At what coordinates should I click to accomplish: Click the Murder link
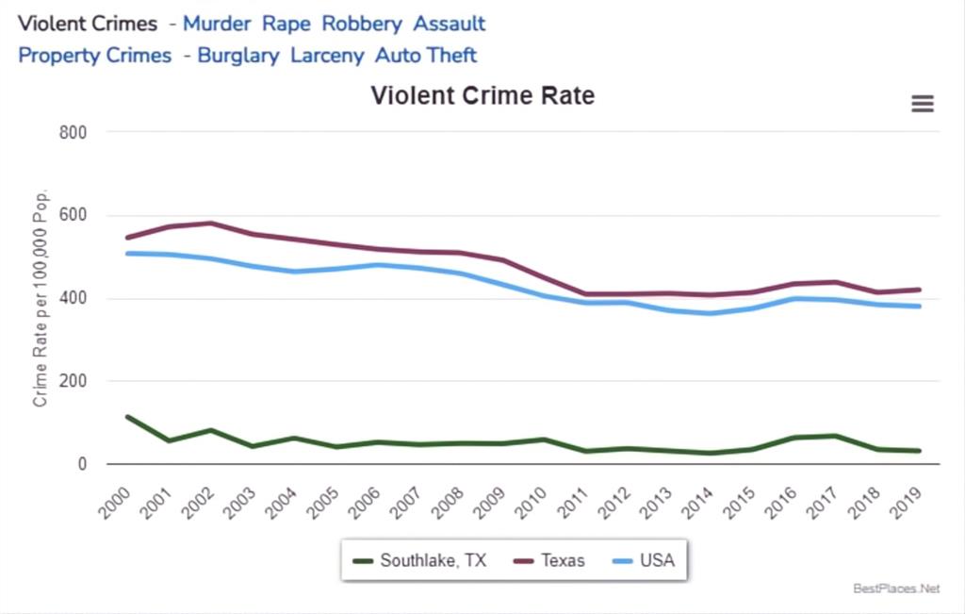[217, 24]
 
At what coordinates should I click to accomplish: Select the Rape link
[286, 24]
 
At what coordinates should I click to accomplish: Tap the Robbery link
[362, 24]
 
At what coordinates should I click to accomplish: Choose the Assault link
[450, 24]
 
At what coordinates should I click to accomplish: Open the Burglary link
[238, 56]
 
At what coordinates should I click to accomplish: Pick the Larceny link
[327, 56]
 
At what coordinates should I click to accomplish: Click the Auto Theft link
[426, 56]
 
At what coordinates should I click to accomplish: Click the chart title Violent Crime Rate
[482, 96]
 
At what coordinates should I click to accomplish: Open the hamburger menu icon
[923, 104]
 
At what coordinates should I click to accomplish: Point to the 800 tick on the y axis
[74, 132]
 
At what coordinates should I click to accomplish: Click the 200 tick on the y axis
[74, 381]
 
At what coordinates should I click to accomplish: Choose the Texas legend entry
[552, 560]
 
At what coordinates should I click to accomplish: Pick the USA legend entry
[646, 560]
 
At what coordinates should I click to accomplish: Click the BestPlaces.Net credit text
[896, 589]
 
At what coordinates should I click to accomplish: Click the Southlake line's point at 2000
[127, 417]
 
